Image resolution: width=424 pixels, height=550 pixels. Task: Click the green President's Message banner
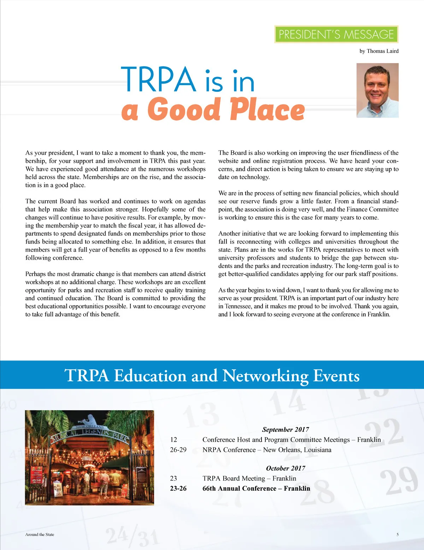336,34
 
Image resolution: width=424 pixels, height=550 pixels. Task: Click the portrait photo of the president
377,90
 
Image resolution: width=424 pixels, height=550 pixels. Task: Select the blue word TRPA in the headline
158,79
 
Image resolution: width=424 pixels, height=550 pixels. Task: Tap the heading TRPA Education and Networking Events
212,375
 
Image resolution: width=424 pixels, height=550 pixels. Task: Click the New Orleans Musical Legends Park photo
90,458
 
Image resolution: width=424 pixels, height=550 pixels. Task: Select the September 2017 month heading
285,430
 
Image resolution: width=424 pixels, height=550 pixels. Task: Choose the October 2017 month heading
285,468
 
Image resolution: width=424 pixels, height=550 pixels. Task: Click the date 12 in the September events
173,440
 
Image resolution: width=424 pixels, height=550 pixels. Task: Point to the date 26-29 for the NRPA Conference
178,450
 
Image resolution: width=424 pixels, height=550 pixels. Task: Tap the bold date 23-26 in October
178,489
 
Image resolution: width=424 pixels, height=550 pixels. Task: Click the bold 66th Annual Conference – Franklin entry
256,489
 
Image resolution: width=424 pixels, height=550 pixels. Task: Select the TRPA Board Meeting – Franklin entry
249,478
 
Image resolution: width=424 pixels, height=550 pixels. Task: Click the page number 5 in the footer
397,534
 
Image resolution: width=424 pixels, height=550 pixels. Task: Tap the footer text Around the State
40,534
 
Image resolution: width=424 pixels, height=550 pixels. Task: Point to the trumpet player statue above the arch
90,420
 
